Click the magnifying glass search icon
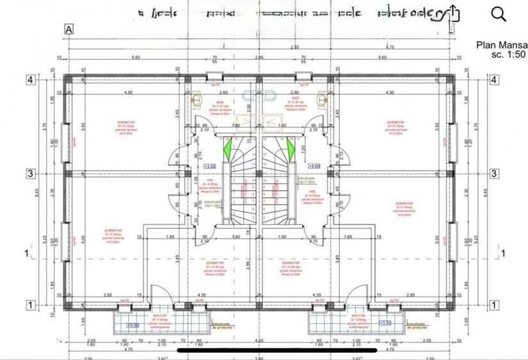tap(499, 14)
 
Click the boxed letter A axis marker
tap(69, 28)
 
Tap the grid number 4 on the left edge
tap(29, 80)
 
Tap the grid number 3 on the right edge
tap(493, 173)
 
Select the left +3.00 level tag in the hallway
tap(209, 166)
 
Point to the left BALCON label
tap(159, 315)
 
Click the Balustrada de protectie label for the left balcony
tap(226, 326)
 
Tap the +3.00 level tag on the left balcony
tap(132, 325)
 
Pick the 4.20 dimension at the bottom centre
tap(259, 341)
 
